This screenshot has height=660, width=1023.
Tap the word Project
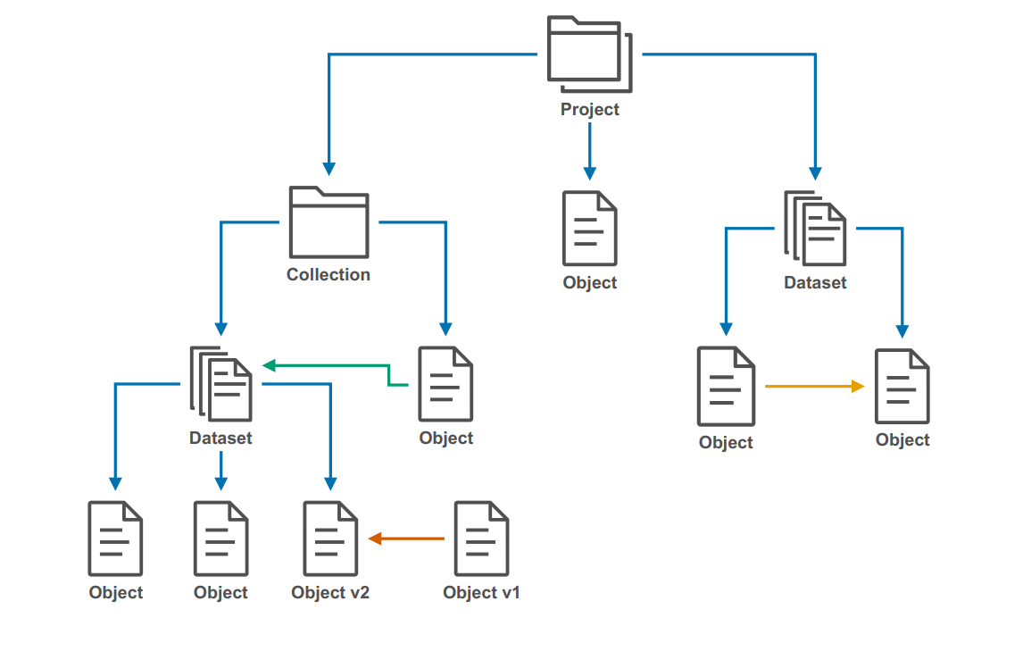point(589,110)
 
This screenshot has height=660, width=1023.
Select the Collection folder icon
point(329,222)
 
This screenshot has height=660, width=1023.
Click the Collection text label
point(329,275)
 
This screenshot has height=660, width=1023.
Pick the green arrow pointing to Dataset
point(330,365)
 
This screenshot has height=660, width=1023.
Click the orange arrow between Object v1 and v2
point(407,539)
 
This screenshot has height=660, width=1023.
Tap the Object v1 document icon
point(481,539)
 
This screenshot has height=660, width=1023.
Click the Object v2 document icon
point(330,539)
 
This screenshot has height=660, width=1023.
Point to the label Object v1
point(481,593)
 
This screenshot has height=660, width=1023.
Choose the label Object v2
point(330,593)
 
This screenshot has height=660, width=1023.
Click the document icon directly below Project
point(589,228)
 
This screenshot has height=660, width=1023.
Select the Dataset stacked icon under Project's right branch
point(815,229)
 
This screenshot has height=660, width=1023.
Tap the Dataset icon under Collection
point(221,383)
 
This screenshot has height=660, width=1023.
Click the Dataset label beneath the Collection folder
point(220,439)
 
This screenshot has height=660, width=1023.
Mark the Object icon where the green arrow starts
point(445,383)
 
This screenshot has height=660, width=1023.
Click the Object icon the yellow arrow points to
point(902,387)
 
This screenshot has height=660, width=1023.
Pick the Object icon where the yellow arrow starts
point(726,387)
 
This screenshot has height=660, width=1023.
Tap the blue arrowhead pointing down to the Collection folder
point(329,168)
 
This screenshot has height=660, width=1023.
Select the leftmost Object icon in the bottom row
point(115,539)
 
